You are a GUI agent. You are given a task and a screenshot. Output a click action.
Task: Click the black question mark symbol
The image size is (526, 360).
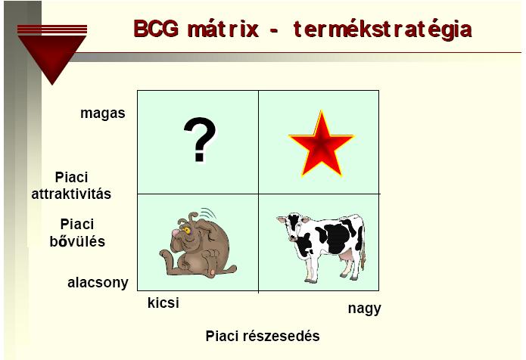tap(201, 139)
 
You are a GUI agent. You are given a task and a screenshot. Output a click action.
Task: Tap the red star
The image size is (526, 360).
tap(321, 144)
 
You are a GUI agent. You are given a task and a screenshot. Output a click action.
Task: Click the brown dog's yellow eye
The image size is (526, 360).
tap(186, 230)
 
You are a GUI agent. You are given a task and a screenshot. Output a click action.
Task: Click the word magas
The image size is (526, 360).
tap(103, 113)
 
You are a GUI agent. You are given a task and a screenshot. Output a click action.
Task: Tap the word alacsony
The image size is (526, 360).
tap(98, 283)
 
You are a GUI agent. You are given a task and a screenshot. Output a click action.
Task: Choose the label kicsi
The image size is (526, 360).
tap(163, 303)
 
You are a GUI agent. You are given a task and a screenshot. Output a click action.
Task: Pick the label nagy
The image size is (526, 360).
tap(365, 309)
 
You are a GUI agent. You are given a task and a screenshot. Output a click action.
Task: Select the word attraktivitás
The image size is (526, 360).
tap(71, 194)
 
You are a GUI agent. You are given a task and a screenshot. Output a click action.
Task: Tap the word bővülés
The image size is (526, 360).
tap(77, 241)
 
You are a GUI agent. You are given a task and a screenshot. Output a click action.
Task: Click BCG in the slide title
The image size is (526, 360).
tap(156, 29)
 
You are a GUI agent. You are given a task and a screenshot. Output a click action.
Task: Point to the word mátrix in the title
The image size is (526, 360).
tap(223, 29)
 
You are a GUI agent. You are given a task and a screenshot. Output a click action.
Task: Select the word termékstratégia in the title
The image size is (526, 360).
tap(383, 29)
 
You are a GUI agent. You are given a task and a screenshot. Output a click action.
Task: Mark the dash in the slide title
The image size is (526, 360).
tap(274, 32)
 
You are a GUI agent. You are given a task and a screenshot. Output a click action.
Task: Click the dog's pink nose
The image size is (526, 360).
tap(175, 233)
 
